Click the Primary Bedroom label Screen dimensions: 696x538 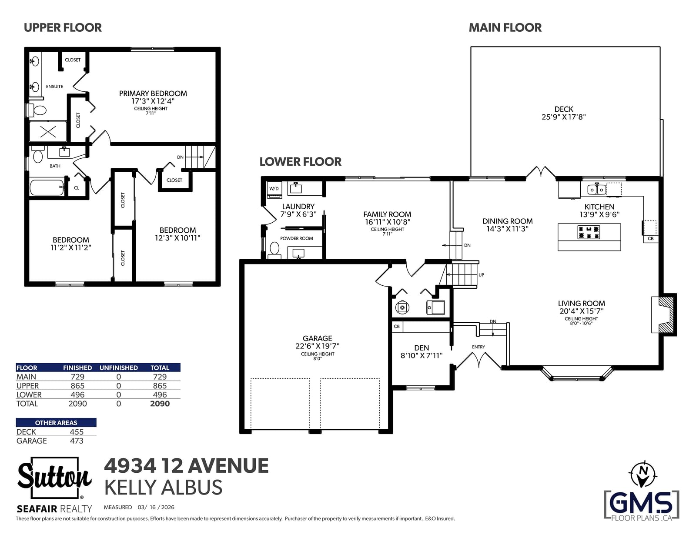click(x=153, y=94)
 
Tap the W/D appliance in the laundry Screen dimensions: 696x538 click(x=274, y=190)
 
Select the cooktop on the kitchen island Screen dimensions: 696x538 click(x=589, y=232)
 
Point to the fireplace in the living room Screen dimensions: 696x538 click(x=663, y=314)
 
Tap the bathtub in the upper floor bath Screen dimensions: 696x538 click(x=47, y=187)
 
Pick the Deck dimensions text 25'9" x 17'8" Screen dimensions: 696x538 click(x=563, y=117)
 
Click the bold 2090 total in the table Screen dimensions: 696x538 click(x=160, y=404)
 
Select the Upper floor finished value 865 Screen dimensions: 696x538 click(x=77, y=386)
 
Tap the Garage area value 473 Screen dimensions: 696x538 click(x=77, y=441)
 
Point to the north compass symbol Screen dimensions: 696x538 click(x=642, y=475)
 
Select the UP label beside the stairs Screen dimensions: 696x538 click(x=481, y=275)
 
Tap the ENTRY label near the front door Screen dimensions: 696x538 click(x=478, y=347)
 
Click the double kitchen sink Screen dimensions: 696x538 click(x=597, y=190)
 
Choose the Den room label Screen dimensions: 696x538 click(x=422, y=348)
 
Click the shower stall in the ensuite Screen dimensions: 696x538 click(x=48, y=131)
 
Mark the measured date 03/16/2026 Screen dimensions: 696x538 click(x=156, y=507)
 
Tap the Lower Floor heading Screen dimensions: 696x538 click(x=301, y=162)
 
